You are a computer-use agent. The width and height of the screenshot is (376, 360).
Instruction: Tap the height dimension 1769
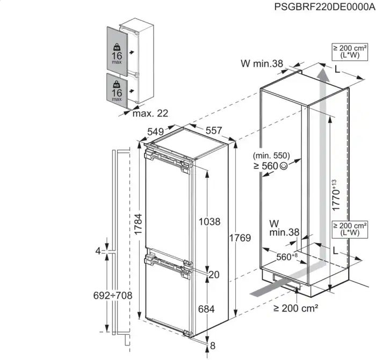coord(240,238)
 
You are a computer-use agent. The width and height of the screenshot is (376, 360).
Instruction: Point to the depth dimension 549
coord(155,131)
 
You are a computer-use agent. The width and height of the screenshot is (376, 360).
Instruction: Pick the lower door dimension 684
coord(206,309)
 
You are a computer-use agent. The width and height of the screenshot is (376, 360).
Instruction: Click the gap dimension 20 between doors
coord(214,275)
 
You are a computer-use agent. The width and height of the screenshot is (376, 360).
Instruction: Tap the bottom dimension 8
coord(213,345)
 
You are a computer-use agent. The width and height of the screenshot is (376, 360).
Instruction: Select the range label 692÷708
coord(113,296)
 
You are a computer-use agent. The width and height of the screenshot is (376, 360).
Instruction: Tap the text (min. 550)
coord(272,155)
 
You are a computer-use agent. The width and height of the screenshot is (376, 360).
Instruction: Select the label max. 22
coord(150,113)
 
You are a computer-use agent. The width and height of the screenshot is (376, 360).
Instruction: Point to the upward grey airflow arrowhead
coord(321,70)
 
